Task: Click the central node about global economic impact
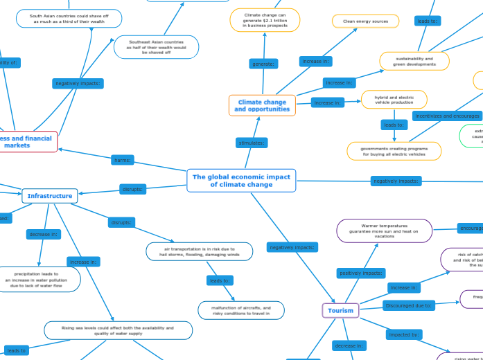(241, 181)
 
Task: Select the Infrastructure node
(50, 196)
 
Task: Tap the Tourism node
(340, 310)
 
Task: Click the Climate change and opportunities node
(262, 105)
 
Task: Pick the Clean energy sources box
(365, 21)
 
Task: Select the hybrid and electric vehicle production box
(394, 100)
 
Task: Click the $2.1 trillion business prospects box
(265, 20)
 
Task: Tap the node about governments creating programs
(394, 151)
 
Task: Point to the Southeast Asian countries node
(156, 47)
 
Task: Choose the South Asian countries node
(69, 18)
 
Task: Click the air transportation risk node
(200, 251)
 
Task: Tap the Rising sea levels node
(118, 330)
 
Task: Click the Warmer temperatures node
(384, 231)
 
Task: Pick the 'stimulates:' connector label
(252, 143)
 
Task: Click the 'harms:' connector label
(123, 160)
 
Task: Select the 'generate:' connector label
(263, 64)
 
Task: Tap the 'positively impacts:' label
(361, 273)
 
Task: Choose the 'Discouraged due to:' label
(408, 304)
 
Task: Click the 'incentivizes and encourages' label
(446, 116)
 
